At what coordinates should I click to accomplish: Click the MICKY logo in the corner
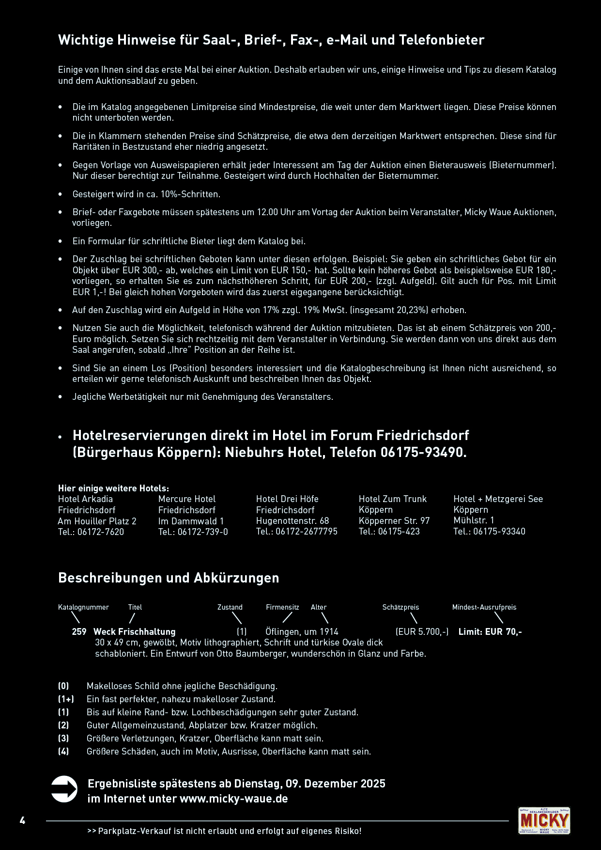[544, 820]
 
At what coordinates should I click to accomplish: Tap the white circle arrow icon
[64, 789]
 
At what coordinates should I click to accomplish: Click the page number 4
[22, 820]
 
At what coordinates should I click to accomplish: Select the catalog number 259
[79, 631]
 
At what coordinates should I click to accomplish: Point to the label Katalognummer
[83, 607]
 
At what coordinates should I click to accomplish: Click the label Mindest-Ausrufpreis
[484, 607]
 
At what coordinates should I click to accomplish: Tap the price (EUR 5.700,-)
[422, 631]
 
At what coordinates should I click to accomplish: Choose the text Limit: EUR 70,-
[490, 631]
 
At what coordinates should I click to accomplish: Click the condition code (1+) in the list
[66, 699]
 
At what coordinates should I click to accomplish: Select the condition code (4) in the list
[63, 751]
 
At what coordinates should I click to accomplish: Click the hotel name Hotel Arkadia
[85, 499]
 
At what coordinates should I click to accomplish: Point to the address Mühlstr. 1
[474, 520]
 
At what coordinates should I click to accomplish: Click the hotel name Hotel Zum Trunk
[392, 499]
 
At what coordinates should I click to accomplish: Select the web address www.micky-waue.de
[233, 798]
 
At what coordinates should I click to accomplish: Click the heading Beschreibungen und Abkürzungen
[169, 578]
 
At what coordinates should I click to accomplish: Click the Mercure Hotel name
[186, 499]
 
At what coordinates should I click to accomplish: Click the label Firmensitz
[282, 607]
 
